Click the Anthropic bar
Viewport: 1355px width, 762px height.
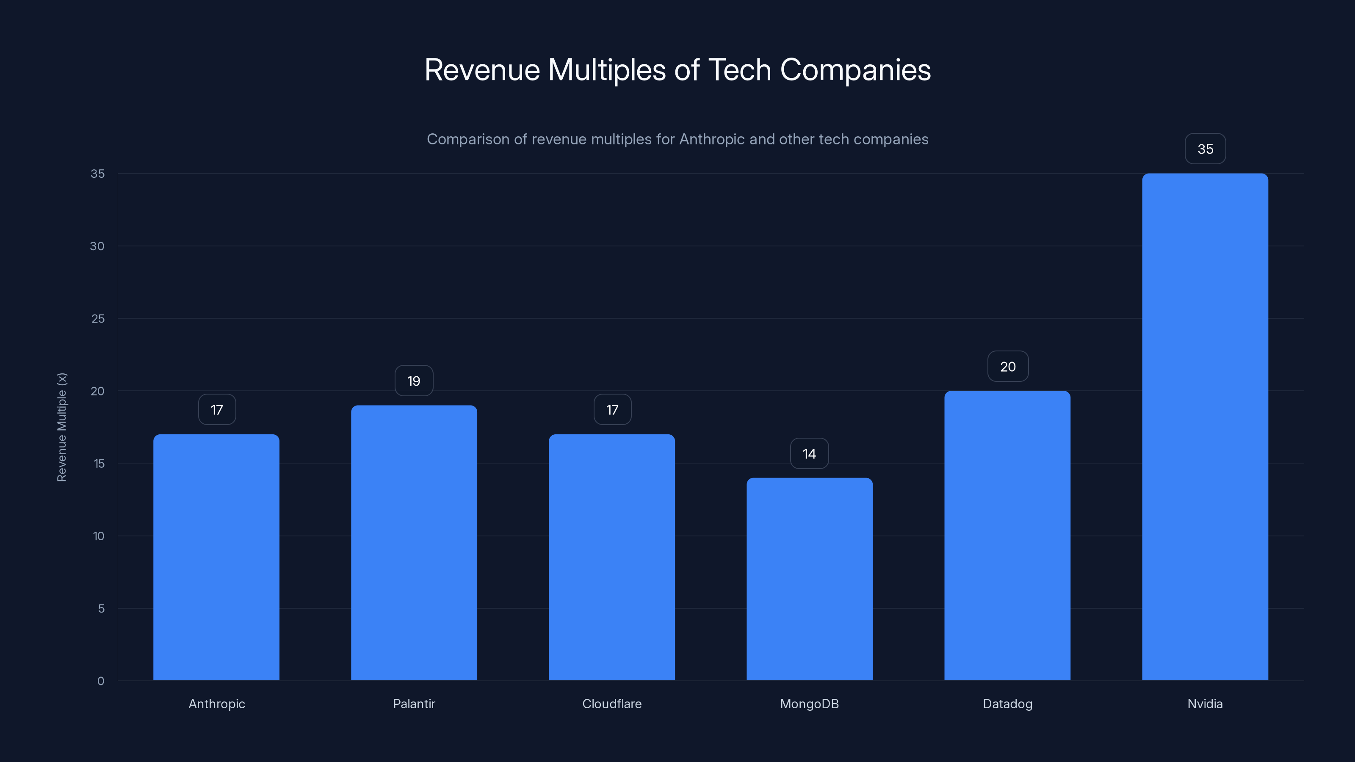pos(216,557)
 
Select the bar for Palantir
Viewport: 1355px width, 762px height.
pos(414,543)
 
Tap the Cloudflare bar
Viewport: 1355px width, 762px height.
pos(612,557)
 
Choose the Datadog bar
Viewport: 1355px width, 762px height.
pos(1007,536)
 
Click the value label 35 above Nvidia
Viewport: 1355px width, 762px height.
pos(1205,149)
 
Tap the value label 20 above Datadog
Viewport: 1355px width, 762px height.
pos(1007,367)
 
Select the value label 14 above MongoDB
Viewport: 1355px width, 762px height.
pos(810,453)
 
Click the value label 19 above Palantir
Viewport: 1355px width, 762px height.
pos(414,381)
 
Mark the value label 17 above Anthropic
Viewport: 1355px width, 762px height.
pos(217,410)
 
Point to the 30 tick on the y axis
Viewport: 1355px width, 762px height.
pos(97,246)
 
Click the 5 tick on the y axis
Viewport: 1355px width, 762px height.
pos(101,608)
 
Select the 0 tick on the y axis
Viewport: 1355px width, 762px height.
pos(101,681)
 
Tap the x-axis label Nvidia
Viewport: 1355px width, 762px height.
pos(1205,704)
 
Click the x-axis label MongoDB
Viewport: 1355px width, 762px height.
pos(810,704)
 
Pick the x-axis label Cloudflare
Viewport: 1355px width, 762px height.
pos(612,704)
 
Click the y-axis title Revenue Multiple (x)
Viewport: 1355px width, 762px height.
pos(61,427)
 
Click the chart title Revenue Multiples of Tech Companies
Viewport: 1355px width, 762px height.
pos(677,69)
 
